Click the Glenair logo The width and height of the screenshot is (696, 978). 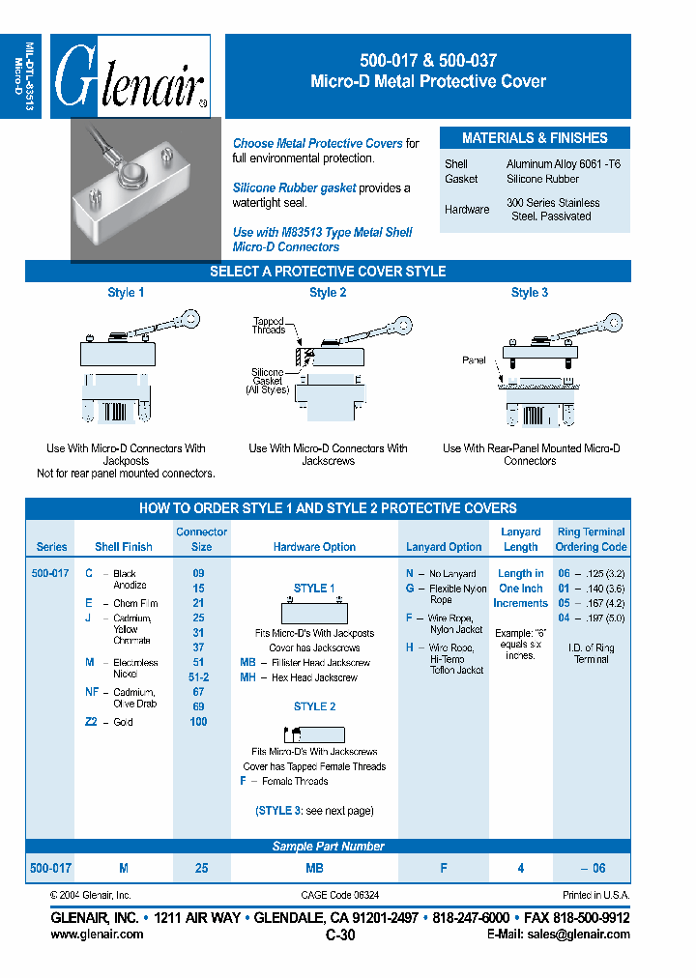130,77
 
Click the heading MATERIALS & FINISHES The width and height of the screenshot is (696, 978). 535,138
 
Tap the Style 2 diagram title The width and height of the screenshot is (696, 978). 328,293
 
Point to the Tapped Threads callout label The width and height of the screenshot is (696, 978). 269,326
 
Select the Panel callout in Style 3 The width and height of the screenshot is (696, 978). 474,360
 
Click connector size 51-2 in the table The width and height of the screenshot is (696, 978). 199,677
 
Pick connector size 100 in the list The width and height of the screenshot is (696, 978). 199,722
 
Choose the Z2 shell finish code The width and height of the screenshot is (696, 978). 92,722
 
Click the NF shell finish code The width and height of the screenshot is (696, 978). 92,692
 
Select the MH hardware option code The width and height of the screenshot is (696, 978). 247,677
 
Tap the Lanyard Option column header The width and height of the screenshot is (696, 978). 444,547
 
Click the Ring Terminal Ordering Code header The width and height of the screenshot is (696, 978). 591,539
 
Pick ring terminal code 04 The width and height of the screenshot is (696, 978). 564,618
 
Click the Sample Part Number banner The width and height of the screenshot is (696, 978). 328,847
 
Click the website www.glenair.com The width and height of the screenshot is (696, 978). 97,935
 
